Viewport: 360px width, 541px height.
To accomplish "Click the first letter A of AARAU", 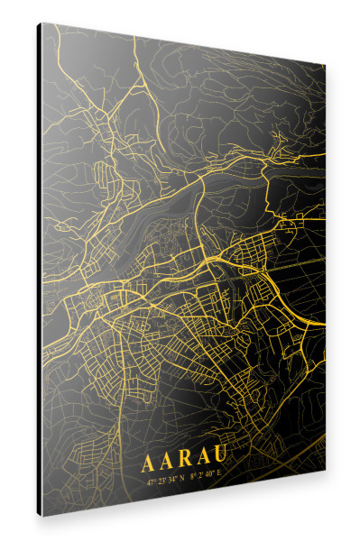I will tap(147, 464).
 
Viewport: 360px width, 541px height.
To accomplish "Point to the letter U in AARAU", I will tap(219, 461).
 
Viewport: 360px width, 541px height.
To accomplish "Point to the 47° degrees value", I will tap(151, 481).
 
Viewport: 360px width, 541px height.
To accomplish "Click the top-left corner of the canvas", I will tap(42, 24).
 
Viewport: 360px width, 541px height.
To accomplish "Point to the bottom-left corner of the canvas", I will tap(42, 515).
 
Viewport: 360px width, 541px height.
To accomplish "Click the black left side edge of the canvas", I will tap(40, 270).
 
